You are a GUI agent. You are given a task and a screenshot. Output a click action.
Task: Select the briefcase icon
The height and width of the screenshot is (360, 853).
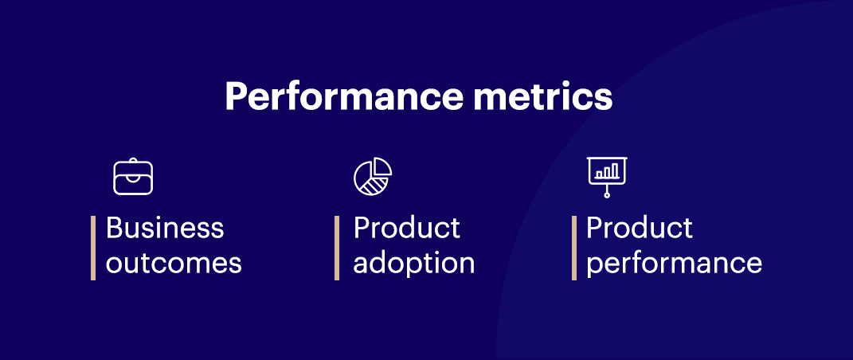pyautogui.click(x=132, y=177)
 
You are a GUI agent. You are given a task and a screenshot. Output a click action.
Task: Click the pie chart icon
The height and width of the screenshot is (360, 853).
pyautogui.click(x=373, y=177)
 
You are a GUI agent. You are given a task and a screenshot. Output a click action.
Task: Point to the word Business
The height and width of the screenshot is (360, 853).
pyautogui.click(x=165, y=228)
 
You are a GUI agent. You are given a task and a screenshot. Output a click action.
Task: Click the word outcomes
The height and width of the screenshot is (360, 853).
pyautogui.click(x=174, y=263)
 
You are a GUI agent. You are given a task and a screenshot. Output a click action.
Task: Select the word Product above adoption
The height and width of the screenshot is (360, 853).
pyautogui.click(x=407, y=228)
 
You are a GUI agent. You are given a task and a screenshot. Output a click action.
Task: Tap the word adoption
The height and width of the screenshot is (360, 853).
pyautogui.click(x=414, y=264)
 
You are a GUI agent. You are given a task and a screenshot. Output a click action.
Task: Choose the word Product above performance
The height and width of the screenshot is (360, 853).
pyautogui.click(x=640, y=228)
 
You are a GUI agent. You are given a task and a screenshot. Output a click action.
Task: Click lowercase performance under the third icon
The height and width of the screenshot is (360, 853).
pyautogui.click(x=674, y=264)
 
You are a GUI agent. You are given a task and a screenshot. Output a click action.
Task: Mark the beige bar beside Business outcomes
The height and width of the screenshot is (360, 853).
pyautogui.click(x=93, y=248)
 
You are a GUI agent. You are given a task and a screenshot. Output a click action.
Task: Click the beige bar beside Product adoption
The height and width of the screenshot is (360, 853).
pyautogui.click(x=337, y=248)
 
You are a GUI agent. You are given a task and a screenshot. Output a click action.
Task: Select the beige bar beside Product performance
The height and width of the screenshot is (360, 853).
pyautogui.click(x=574, y=248)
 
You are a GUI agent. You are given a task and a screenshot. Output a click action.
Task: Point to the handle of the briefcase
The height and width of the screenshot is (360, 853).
pyautogui.click(x=132, y=162)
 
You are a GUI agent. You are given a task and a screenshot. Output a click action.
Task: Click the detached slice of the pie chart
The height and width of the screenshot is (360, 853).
pyautogui.click(x=383, y=166)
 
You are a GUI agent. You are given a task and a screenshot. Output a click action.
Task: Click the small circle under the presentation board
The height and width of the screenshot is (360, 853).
pyautogui.click(x=607, y=194)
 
